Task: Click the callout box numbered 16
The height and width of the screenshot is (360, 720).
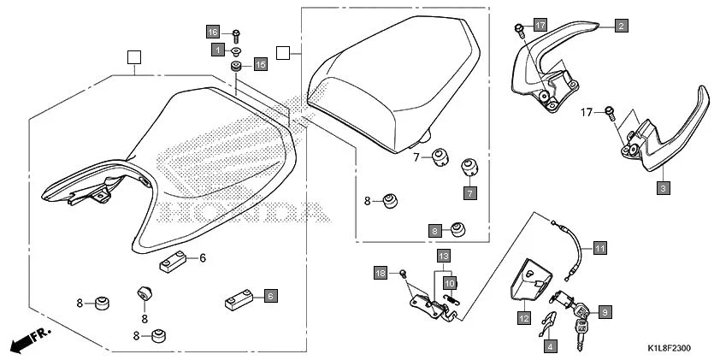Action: pos(214,32)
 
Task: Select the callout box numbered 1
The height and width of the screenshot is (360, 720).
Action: pos(218,50)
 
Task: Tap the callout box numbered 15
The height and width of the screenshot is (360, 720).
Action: pos(260,64)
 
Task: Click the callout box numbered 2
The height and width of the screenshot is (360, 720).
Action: pos(621,26)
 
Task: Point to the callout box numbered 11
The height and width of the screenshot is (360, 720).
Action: pos(599,248)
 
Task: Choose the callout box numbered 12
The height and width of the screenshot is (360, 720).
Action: pos(523,317)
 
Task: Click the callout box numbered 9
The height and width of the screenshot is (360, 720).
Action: pos(605,312)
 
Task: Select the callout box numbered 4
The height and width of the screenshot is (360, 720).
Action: pos(550,346)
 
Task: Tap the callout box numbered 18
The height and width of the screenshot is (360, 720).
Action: pos(381,272)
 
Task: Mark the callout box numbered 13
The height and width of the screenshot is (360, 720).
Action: pos(443,256)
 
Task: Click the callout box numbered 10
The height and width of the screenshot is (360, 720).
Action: pos(451,281)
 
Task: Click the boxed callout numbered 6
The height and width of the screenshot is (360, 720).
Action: pos(269,296)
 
